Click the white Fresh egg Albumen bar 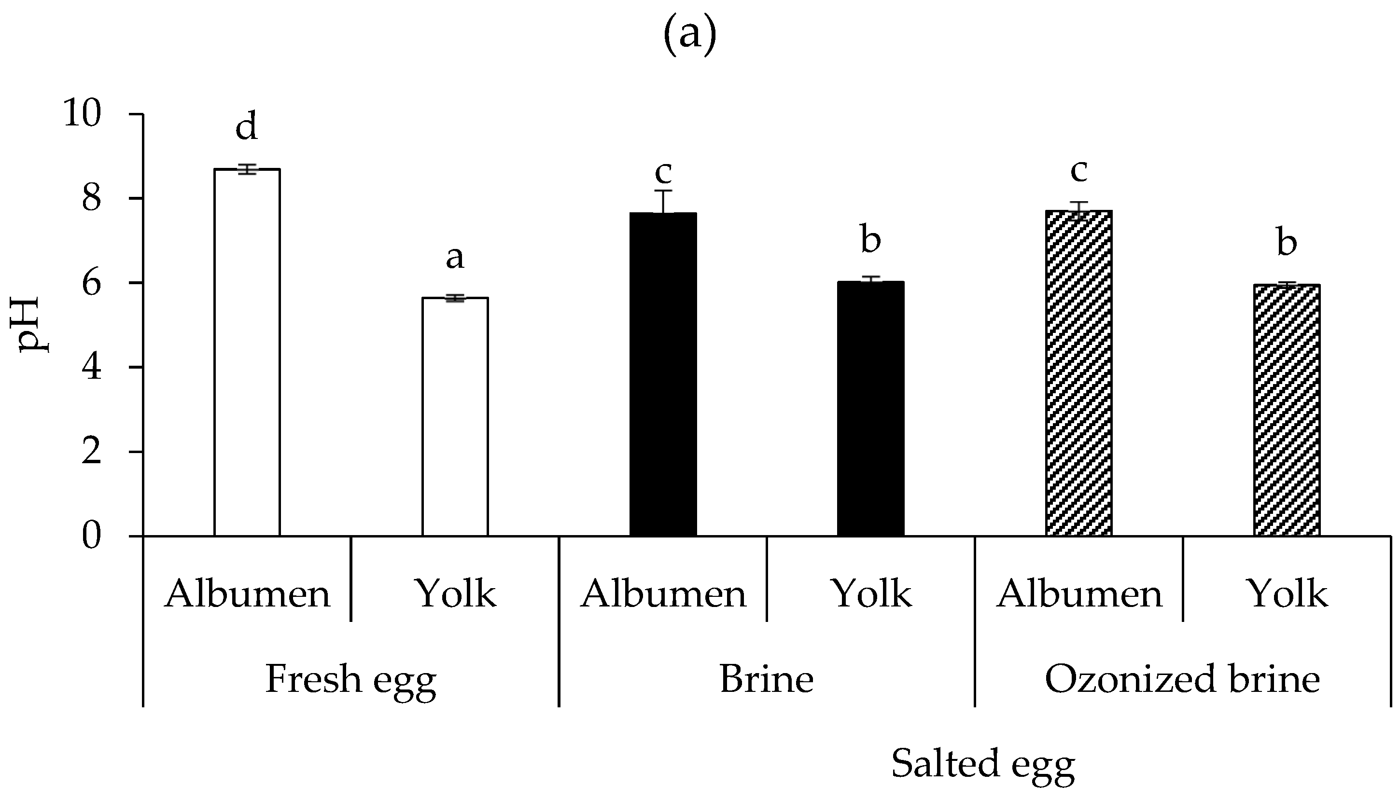click(247, 351)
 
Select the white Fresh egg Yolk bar click(455, 417)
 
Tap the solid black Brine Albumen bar click(663, 373)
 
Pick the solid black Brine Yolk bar click(871, 409)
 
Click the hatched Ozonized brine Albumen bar click(1079, 373)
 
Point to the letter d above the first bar click(247, 127)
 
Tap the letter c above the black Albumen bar click(663, 173)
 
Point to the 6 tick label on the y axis click(92, 284)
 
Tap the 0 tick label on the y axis click(92, 537)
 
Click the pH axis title click(34, 325)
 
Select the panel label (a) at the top click(690, 34)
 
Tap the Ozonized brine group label click(1182, 679)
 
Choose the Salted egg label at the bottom click(983, 764)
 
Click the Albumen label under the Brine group click(663, 594)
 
